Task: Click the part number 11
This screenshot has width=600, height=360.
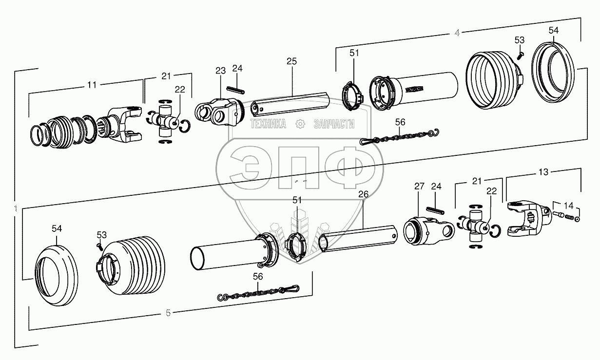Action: click(91, 84)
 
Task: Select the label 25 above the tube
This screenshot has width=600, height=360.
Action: click(291, 61)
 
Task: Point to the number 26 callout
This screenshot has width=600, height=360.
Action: click(363, 194)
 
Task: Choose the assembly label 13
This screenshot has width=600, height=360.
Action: click(543, 172)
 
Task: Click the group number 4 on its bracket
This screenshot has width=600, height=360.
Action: click(457, 33)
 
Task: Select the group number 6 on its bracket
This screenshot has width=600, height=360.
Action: click(168, 313)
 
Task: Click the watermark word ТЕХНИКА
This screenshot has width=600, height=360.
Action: click(268, 124)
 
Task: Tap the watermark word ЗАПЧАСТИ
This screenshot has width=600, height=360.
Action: click(333, 124)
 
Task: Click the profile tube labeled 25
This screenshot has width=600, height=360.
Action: click(290, 103)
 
